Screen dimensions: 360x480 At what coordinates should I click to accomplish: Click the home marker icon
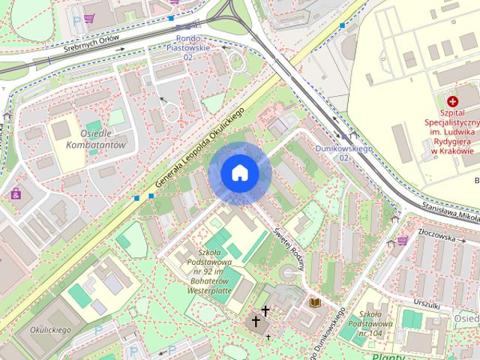[240, 173]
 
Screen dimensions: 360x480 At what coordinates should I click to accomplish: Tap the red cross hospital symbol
[452, 101]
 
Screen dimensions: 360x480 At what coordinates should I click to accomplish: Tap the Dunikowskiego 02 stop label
[343, 153]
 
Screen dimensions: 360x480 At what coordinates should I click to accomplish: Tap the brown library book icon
[315, 302]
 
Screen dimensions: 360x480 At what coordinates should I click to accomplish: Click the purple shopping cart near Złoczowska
[403, 241]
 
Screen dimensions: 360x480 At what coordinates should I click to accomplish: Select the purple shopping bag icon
[15, 194]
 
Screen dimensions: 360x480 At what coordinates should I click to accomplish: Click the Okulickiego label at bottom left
[50, 329]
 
